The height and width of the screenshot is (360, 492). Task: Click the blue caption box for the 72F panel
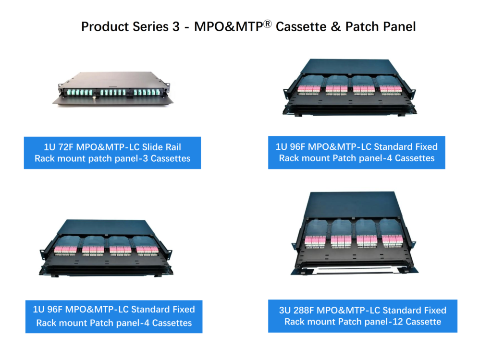tap(112, 153)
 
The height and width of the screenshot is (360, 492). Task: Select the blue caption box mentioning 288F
tap(362, 316)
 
